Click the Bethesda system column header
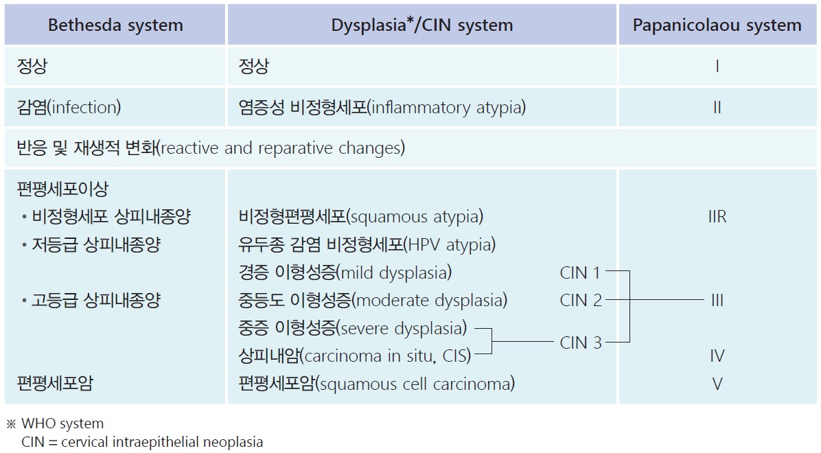(115, 26)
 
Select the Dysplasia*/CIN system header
(421, 26)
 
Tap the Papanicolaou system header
(717, 26)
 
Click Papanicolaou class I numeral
(717, 67)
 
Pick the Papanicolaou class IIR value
(717, 217)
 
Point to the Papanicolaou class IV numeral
(717, 356)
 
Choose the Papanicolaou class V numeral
(717, 384)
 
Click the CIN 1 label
(580, 272)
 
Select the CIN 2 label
(580, 300)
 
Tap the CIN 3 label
(580, 342)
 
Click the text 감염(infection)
(69, 108)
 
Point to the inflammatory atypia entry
(383, 108)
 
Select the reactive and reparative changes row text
(211, 148)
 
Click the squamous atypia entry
(360, 217)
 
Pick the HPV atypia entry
(367, 244)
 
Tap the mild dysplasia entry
(345, 272)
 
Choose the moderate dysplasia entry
(372, 300)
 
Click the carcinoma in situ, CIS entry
(354, 356)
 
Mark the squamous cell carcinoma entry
(376, 384)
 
